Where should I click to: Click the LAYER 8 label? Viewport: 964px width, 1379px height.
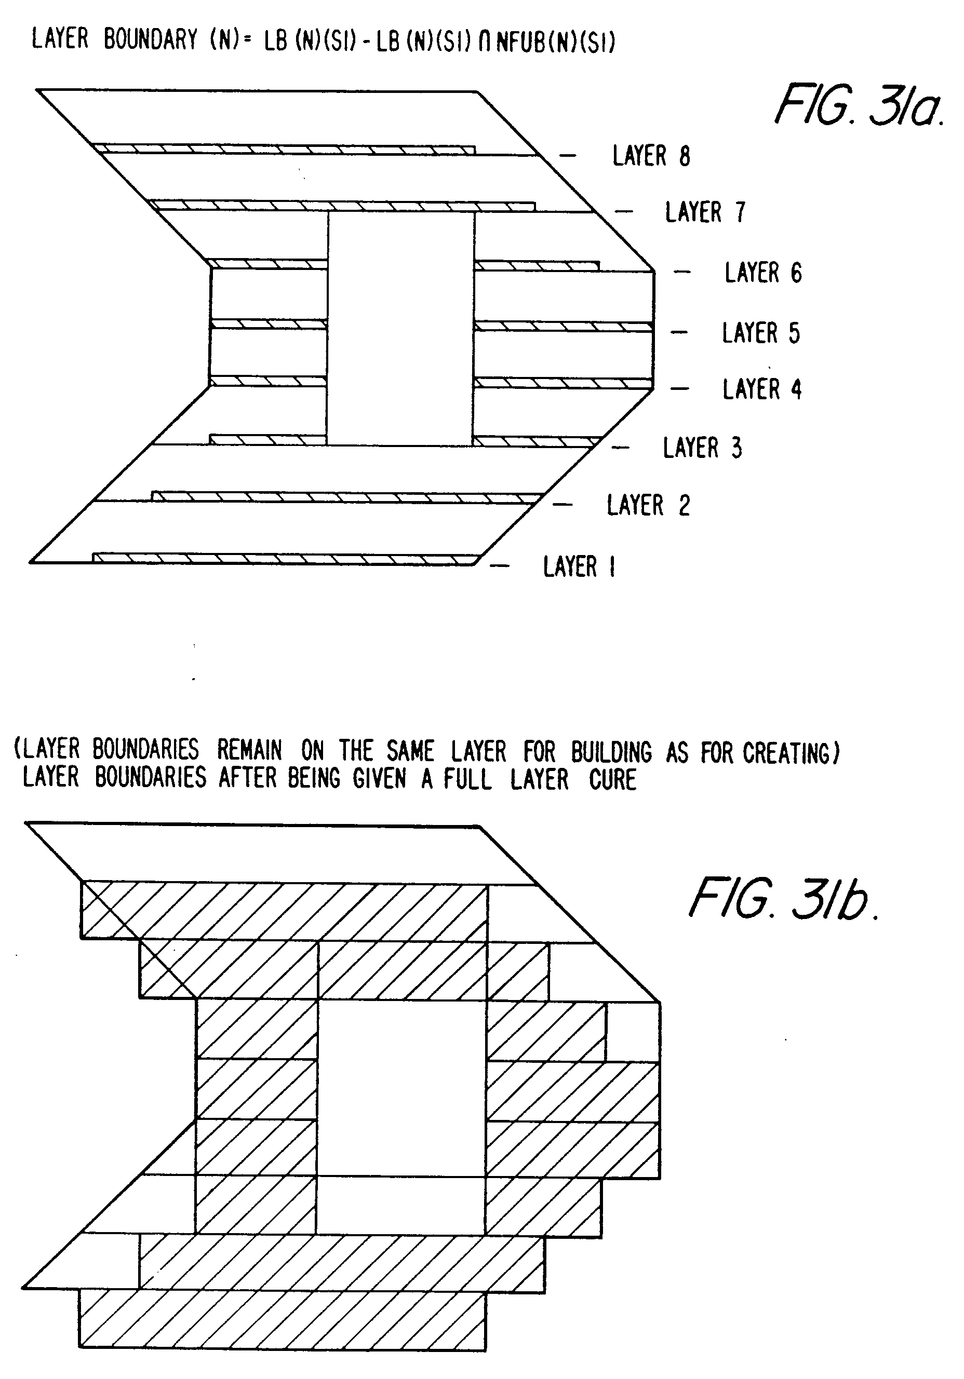[651, 156]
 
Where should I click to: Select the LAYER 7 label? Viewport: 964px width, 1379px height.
[704, 212]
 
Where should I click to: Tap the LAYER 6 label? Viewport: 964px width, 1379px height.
[762, 273]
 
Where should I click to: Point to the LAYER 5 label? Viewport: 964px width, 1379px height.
[761, 333]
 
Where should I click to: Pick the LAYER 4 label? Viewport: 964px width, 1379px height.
[761, 389]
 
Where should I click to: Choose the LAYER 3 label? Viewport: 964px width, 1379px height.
[702, 448]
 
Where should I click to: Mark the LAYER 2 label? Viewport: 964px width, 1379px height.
[648, 505]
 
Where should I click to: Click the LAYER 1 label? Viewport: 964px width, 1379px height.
[579, 566]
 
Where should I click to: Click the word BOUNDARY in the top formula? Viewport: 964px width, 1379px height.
[150, 39]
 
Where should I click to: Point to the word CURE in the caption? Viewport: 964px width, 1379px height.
[612, 780]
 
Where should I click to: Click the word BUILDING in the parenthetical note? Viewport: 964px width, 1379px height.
[611, 752]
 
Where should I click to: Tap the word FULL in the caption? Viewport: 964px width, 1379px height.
[467, 780]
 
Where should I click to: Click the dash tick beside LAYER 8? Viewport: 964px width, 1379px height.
[568, 156]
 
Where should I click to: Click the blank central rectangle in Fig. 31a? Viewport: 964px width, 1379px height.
[400, 329]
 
